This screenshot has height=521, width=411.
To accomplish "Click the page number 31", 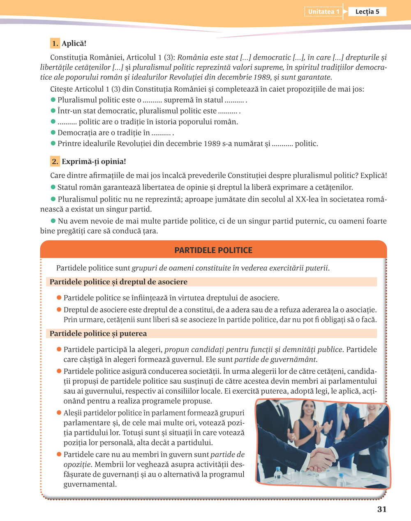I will coord(382,509).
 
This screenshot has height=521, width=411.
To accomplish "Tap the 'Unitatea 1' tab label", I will coord(324,12).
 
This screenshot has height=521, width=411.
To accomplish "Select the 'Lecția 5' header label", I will coord(367,12).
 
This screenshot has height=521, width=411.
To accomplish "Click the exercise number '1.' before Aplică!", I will coord(55,44).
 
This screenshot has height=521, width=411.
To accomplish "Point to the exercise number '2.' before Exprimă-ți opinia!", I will coord(55,161).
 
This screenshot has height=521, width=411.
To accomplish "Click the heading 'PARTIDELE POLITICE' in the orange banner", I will coord(213,250).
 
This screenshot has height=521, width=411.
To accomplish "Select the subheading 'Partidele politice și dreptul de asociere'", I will coord(118,282).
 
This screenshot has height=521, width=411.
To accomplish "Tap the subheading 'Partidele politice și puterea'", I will coord(98,334).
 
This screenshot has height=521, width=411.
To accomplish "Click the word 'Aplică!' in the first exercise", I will coord(74,44).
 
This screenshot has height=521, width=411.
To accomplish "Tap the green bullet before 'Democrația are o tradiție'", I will coord(53,133).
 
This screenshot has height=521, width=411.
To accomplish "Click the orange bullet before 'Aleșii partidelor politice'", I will coord(59,413).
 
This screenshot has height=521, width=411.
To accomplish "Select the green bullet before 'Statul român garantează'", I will coord(53,187).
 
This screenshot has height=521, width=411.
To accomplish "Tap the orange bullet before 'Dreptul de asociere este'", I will coord(59,309).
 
